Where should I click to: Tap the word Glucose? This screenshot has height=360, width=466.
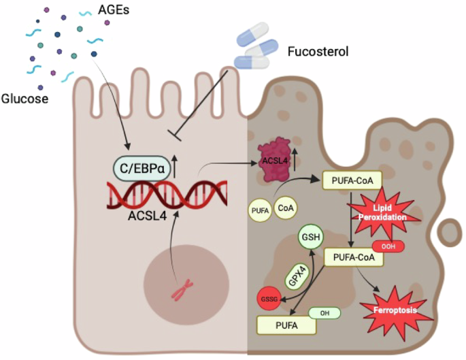[x=24, y=99]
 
